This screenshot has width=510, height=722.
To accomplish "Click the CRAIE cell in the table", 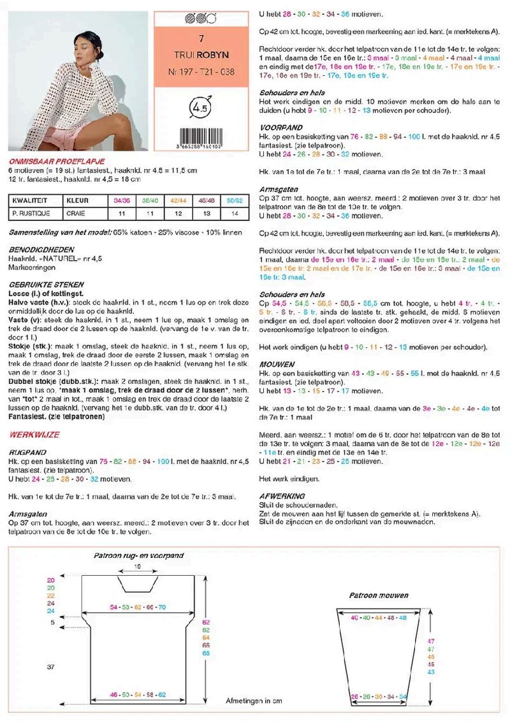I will [x=78, y=213].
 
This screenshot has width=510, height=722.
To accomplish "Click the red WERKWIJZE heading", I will [x=34, y=434].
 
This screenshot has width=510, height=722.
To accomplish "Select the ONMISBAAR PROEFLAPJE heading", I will [x=57, y=162].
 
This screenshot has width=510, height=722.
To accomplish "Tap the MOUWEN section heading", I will [x=277, y=364].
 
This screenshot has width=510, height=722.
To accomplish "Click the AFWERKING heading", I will [x=282, y=495].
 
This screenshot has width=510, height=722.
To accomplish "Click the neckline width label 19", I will [x=137, y=566].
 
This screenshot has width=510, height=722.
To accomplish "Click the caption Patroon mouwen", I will [x=379, y=595].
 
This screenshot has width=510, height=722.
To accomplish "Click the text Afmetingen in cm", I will [x=254, y=700].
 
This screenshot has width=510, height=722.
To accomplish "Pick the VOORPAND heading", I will [x=280, y=128].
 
